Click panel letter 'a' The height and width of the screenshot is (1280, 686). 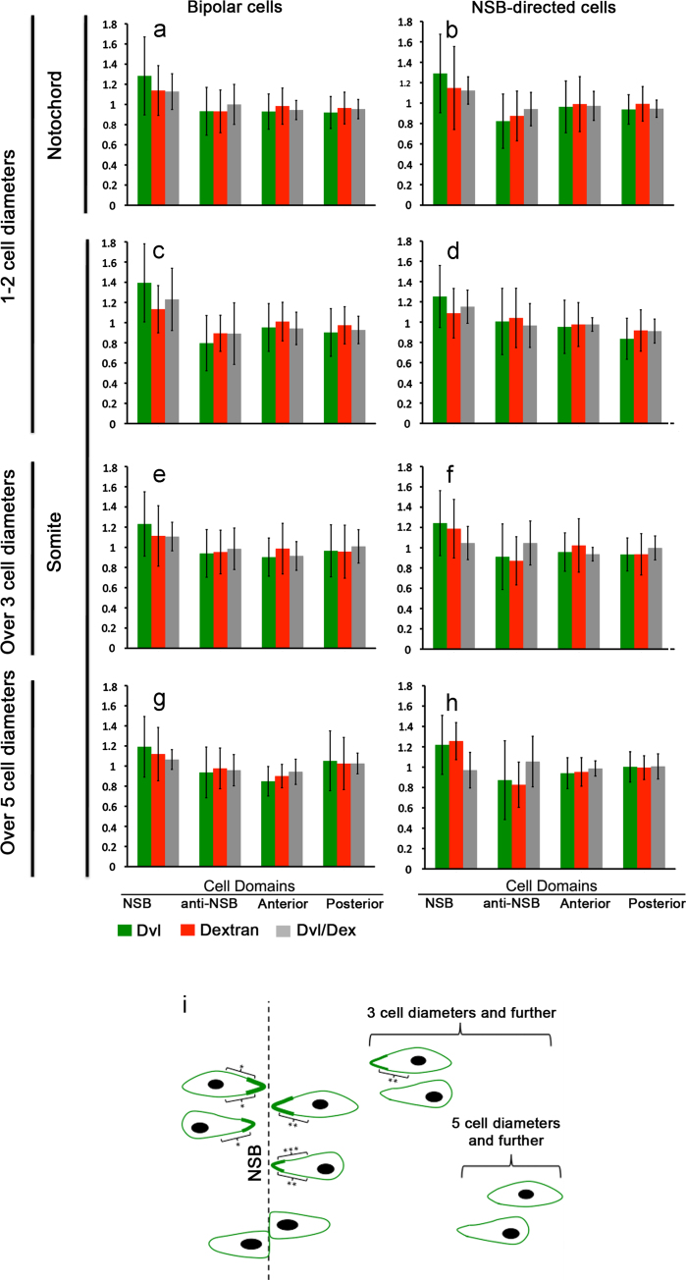[x=160, y=31]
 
